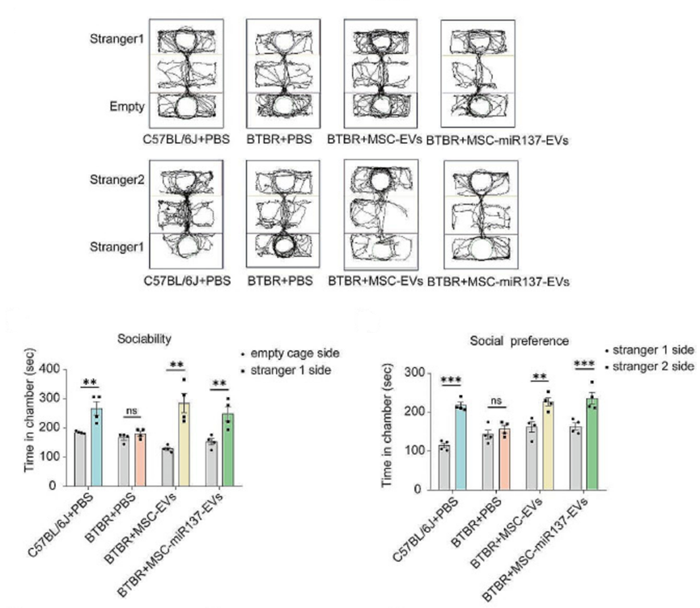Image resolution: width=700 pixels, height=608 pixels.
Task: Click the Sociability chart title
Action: [x=144, y=340]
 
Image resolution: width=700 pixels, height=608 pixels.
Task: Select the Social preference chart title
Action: [x=520, y=341]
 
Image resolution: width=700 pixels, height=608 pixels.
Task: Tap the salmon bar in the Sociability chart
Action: [x=140, y=459]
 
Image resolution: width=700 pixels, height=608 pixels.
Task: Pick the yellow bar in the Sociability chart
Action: [x=184, y=445]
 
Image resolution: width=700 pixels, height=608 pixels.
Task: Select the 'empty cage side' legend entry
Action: [x=291, y=354]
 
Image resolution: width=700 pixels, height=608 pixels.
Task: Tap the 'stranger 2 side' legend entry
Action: [x=650, y=367]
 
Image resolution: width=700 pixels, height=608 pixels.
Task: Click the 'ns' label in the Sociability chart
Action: [x=132, y=411]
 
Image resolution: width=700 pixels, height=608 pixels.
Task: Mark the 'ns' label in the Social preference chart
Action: [x=496, y=401]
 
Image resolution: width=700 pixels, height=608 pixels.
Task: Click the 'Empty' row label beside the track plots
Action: [x=127, y=107]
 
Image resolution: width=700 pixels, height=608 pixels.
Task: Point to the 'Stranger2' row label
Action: [x=117, y=179]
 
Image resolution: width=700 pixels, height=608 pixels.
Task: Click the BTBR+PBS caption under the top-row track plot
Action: [x=279, y=140]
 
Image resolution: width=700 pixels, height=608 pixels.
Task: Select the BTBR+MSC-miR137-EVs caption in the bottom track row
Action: [x=498, y=282]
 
